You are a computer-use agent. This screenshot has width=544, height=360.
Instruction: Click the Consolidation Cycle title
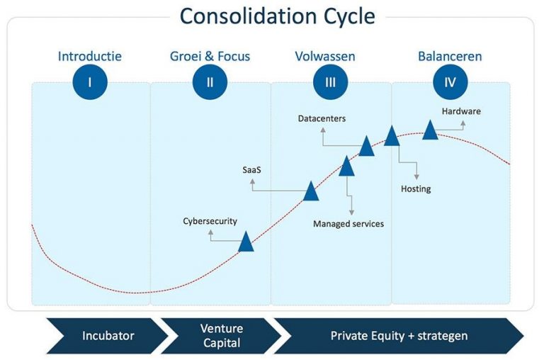tap(277, 16)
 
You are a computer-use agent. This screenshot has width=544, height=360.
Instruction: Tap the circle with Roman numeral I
tap(90, 82)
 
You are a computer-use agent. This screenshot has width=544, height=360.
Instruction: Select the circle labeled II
tap(210, 82)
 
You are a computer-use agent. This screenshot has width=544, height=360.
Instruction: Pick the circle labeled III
tap(330, 82)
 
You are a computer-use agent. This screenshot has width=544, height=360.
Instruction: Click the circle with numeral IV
tap(450, 82)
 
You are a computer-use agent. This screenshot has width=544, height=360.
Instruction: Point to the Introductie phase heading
tap(90, 56)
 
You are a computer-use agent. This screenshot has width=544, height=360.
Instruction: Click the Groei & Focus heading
tap(210, 56)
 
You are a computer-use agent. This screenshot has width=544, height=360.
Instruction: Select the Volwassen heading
tap(325, 56)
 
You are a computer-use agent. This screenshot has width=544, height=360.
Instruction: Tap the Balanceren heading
tap(450, 56)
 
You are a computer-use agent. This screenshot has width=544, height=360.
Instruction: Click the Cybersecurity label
tap(210, 222)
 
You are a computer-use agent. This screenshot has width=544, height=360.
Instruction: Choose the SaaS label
tap(252, 170)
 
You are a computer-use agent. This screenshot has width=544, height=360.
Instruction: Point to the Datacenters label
tap(322, 119)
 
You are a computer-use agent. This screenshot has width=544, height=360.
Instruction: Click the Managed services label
tap(348, 224)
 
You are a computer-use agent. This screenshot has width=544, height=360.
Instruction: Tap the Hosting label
tap(416, 189)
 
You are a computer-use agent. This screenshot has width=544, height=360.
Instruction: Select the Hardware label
tap(461, 111)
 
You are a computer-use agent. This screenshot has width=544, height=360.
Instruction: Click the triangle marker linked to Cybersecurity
tap(246, 242)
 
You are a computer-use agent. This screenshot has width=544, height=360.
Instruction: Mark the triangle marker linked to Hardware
tap(430, 130)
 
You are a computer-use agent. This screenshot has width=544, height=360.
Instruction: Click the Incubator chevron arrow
tap(107, 336)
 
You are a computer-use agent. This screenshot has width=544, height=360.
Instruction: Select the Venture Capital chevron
tap(221, 336)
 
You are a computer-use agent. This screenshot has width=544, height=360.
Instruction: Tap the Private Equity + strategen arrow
tap(399, 336)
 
